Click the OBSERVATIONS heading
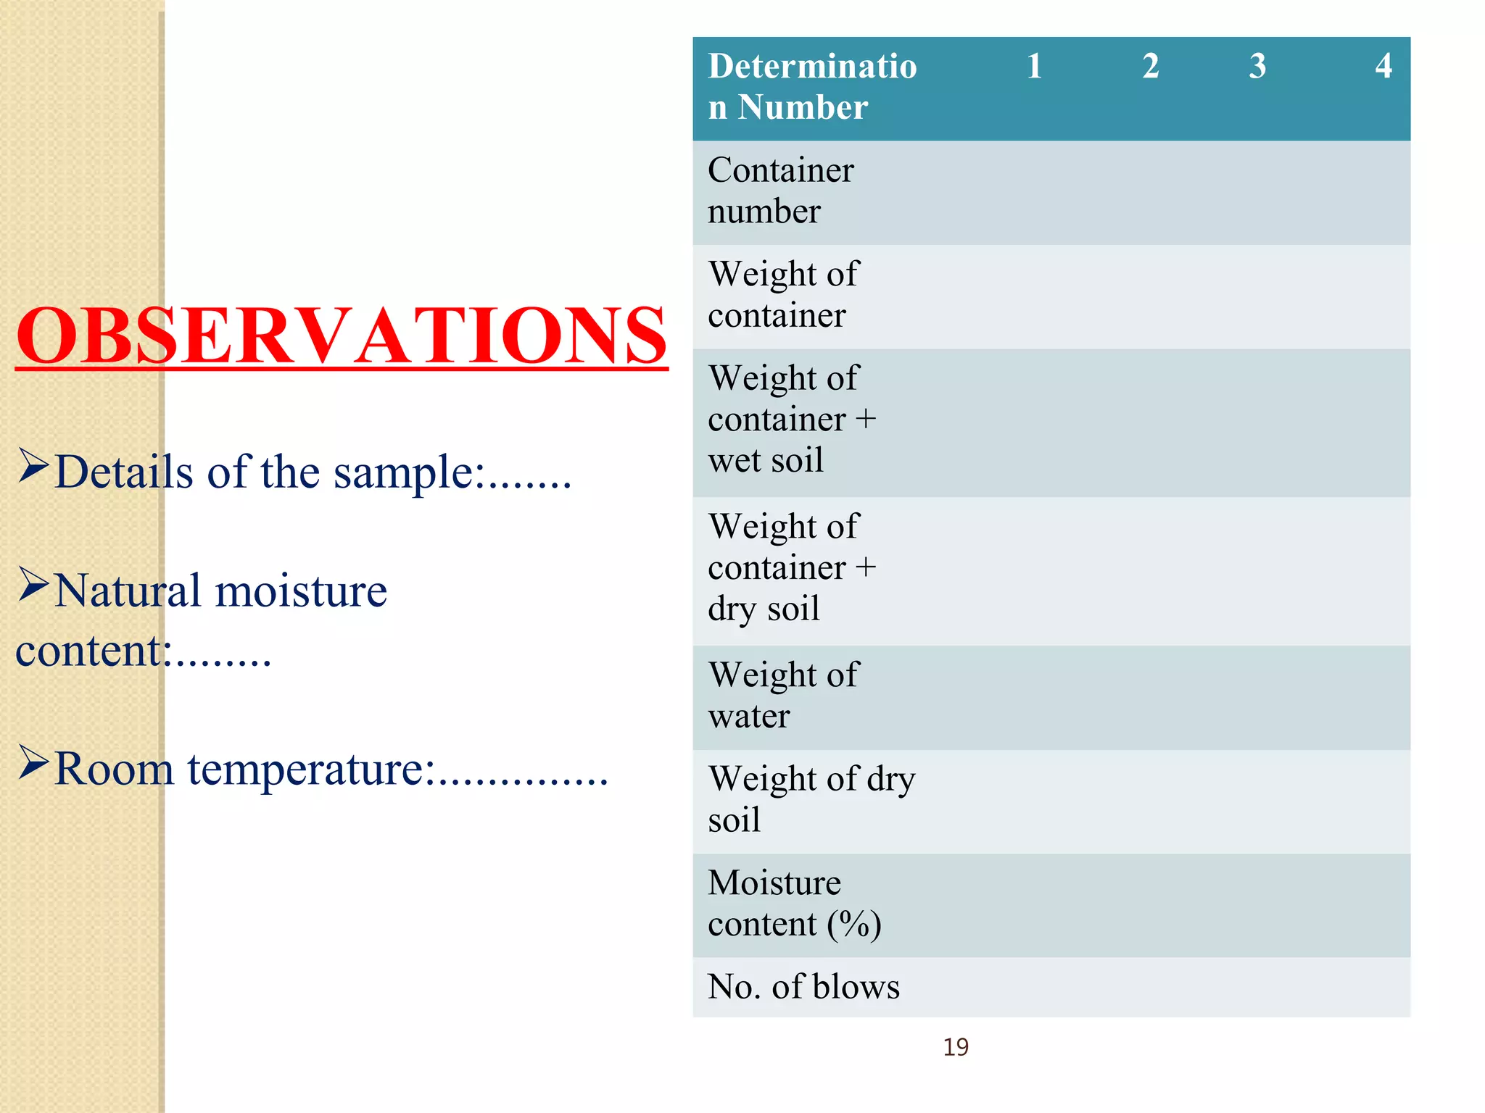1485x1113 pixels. click(x=342, y=335)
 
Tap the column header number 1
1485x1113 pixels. click(x=1034, y=66)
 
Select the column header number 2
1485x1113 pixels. click(x=1151, y=66)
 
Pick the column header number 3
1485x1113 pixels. click(x=1257, y=66)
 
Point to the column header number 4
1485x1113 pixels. click(x=1383, y=66)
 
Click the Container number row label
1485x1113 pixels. click(x=781, y=191)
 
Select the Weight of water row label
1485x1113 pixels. click(x=783, y=696)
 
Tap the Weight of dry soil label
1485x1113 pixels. click(x=811, y=799)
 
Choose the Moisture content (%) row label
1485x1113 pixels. click(x=795, y=904)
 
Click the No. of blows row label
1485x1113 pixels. click(x=803, y=987)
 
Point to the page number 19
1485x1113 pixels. click(x=956, y=1047)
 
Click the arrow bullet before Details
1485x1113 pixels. click(x=33, y=465)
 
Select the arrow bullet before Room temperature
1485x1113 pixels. click(x=33, y=762)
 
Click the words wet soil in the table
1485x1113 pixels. click(x=766, y=460)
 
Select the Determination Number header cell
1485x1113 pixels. click(x=812, y=87)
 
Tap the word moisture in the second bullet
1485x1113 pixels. click(x=301, y=591)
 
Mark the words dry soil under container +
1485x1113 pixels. click(x=764, y=609)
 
